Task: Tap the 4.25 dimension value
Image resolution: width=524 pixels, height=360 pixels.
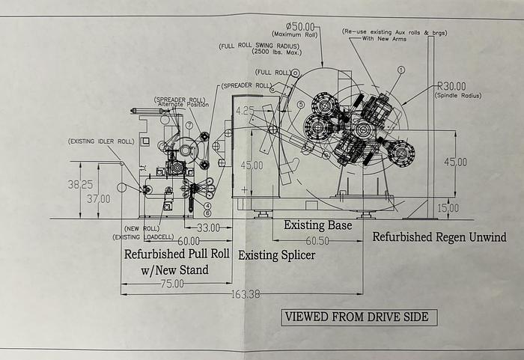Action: (245, 110)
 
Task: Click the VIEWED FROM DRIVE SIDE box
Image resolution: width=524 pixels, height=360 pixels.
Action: (356, 317)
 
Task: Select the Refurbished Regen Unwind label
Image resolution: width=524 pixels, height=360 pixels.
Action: (439, 238)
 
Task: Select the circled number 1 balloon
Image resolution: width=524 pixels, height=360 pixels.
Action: (400, 69)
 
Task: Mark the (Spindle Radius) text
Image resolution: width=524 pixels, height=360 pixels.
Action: (457, 95)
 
